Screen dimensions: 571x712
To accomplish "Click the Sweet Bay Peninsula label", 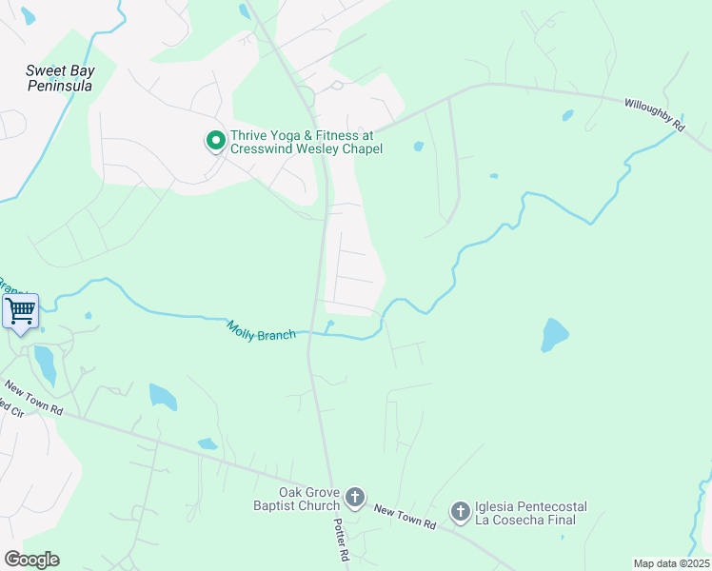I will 59,78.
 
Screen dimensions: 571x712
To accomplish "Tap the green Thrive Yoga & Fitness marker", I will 216,142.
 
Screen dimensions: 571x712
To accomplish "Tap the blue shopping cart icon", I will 20,311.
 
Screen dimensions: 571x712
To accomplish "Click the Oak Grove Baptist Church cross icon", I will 355,497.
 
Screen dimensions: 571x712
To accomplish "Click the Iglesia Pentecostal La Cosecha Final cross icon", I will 460,513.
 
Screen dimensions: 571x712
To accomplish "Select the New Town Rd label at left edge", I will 33,398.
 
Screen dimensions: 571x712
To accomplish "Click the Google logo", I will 31,559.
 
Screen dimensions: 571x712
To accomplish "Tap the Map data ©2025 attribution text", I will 671,563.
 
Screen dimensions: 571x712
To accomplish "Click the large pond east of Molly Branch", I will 554,335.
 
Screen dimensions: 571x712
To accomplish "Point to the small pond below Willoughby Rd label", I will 568,116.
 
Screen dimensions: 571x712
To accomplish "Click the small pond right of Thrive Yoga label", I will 419,147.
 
